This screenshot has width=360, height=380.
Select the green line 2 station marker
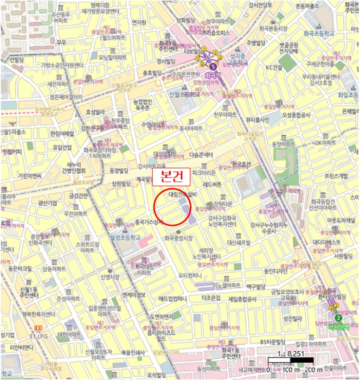click(x=338, y=318)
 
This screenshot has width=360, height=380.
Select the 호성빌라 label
click(x=94, y=112)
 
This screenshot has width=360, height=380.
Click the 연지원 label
click(x=139, y=22)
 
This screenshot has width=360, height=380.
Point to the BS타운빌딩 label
click(x=272, y=342)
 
